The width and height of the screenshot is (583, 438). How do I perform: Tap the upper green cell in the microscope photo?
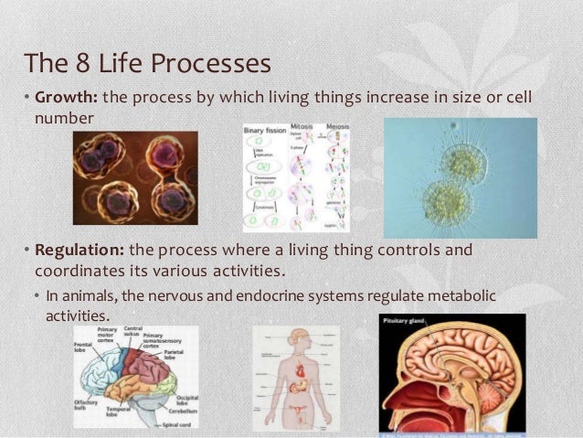464,162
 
